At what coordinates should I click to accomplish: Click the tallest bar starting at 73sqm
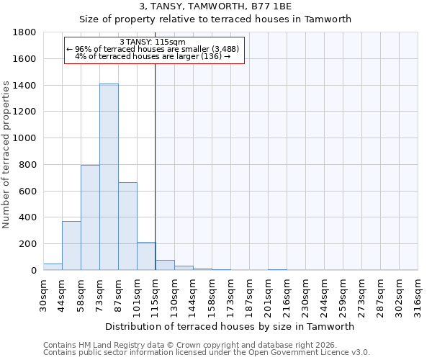(x=109, y=177)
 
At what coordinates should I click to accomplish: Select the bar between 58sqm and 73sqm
(x=90, y=217)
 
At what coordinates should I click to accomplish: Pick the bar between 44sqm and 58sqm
(x=71, y=246)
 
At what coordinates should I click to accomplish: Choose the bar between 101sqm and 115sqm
(x=146, y=256)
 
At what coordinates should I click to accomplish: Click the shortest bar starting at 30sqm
(x=53, y=266)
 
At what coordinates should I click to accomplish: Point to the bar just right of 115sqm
(x=165, y=265)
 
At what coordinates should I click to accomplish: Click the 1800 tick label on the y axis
(x=25, y=32)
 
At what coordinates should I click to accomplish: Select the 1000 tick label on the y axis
(x=25, y=138)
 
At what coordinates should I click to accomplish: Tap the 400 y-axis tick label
(x=28, y=217)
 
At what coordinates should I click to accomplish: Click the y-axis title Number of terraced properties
(x=6, y=155)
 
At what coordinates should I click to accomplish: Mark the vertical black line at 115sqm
(x=156, y=180)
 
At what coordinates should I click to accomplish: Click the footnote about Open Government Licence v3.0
(x=207, y=352)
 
